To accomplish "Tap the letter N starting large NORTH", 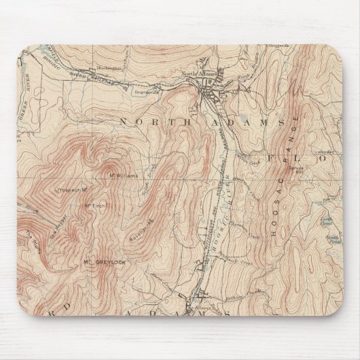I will [x=124, y=120].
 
